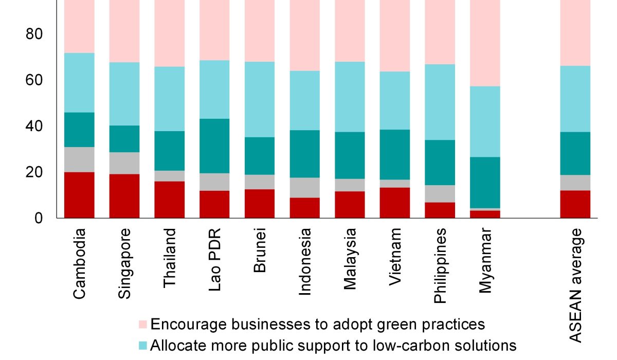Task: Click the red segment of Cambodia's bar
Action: click(x=79, y=195)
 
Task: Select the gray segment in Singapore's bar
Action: click(x=124, y=163)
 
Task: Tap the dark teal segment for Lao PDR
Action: click(x=215, y=146)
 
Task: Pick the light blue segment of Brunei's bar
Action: click(x=260, y=99)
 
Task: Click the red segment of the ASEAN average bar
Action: click(x=575, y=204)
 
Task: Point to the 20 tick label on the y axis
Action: click(x=33, y=172)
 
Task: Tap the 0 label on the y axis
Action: click(x=39, y=218)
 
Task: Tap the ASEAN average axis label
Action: click(x=575, y=286)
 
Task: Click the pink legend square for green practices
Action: click(x=143, y=325)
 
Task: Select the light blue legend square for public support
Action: click(x=143, y=345)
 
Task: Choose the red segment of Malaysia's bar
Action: click(x=350, y=205)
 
